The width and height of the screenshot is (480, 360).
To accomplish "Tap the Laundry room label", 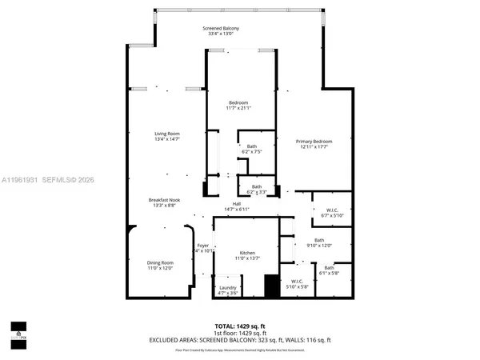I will pyautogui.click(x=227, y=290).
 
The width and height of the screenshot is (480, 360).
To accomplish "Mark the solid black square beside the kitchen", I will pyautogui.click(x=272, y=286).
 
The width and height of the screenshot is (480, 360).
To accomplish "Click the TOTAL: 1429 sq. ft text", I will pyautogui.click(x=240, y=326).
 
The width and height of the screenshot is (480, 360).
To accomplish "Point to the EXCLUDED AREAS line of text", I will pyautogui.click(x=240, y=339).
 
